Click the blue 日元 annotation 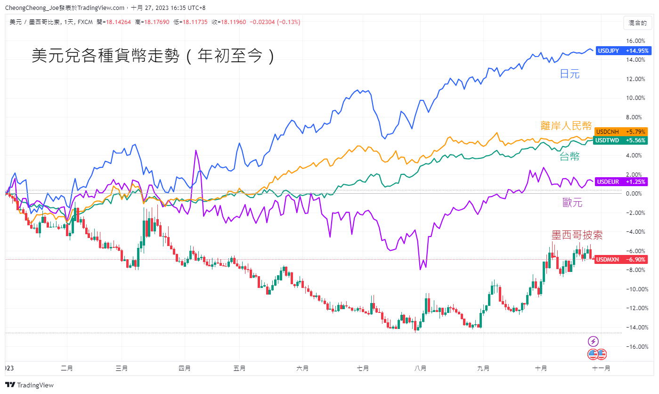570,74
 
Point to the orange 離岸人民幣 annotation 566,125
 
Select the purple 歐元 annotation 572,203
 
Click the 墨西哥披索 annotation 577,235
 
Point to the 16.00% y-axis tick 635,41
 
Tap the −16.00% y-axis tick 635,347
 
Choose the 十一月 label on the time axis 601,369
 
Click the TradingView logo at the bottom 30,385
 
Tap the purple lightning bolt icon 593,341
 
